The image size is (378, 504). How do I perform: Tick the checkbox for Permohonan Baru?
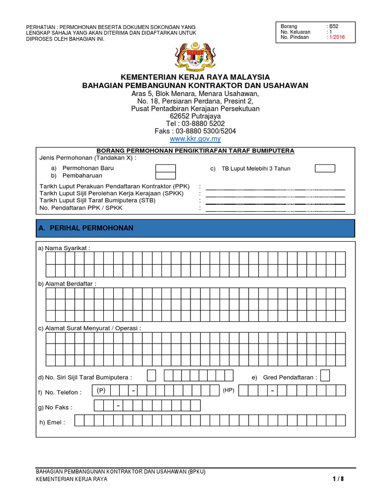click(165, 168)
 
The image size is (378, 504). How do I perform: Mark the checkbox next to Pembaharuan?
click(165, 176)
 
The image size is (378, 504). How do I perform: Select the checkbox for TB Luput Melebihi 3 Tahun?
click(325, 168)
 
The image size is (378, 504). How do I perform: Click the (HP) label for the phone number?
click(228, 390)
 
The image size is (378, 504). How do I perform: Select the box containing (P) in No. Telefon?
click(102, 391)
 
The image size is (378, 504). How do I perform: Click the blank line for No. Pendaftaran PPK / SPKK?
click(275, 209)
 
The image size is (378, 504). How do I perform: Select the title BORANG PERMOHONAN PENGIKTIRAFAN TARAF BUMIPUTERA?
click(195, 150)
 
